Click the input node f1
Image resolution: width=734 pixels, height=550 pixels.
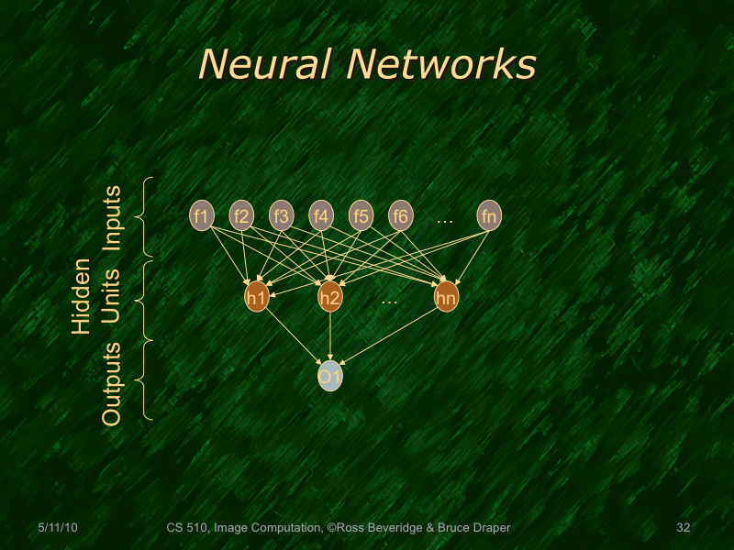pos(202,216)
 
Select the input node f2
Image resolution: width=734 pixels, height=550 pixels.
pos(241,216)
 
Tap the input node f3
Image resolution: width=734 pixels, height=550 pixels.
pos(281,216)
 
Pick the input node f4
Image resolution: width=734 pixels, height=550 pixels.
pos(320,216)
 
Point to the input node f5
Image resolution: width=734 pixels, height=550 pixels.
pos(361,216)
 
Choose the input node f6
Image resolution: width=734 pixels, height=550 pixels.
pos(400,216)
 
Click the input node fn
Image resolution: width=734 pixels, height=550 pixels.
pos(489,216)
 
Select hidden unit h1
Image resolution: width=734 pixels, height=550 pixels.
pos(257,297)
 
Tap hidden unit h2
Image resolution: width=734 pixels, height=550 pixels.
pos(330,297)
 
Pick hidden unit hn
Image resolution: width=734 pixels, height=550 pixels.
pos(446,297)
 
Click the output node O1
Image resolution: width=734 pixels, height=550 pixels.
pos(330,376)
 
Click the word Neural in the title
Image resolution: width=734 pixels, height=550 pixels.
pos(267,64)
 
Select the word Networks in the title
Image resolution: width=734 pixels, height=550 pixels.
pos(441,64)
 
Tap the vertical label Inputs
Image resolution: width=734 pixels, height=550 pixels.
pos(112,217)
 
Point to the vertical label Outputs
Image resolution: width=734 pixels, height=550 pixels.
pos(112,383)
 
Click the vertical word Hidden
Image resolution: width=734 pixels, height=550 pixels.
pos(82,296)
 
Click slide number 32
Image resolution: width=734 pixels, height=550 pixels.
pos(682,528)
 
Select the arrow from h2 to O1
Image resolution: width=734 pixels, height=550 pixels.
pos(330,335)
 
